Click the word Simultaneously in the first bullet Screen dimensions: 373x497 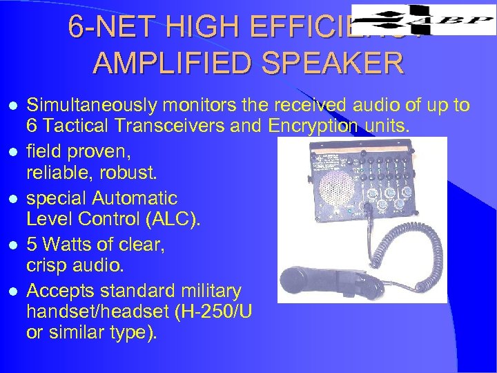click(x=94, y=105)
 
